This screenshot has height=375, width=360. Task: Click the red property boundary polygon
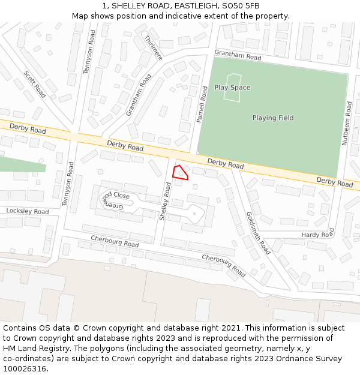coord(180,173)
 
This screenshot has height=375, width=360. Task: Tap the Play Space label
coord(232,88)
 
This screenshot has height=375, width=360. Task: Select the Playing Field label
coord(273,118)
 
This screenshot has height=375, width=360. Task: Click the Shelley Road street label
coord(164,202)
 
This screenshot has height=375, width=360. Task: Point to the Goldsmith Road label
coord(259,233)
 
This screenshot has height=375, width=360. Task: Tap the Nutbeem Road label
coord(347,124)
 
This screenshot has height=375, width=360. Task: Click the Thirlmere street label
coord(154,47)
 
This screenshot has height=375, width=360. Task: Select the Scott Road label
coord(35,84)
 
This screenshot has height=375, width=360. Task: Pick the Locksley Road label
coord(28,211)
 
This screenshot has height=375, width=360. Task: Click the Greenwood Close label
coord(116,200)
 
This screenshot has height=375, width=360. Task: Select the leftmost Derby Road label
coord(28,129)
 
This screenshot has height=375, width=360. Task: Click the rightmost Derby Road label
coord(335,182)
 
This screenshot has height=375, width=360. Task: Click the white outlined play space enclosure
coord(232,88)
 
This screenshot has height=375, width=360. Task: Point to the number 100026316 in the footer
coord(24,369)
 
